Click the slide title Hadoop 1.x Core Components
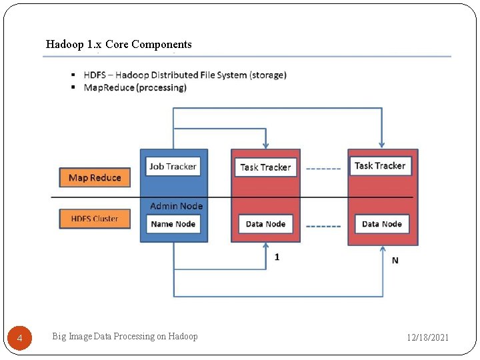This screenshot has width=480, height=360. point(119,45)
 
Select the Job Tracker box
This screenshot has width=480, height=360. point(173,167)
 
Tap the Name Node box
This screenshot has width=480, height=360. point(173,224)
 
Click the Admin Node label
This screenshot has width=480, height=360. point(176,206)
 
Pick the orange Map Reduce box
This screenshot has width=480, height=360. point(95,178)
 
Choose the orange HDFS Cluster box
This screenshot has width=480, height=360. point(95,219)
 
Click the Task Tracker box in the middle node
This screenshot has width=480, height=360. point(265,167)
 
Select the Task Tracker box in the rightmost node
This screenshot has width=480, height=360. point(380,166)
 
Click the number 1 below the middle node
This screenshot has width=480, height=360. point(277,257)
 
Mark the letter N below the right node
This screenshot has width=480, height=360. point(395,261)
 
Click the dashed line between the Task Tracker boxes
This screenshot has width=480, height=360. point(323,169)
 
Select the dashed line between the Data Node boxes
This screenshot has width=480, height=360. point(323,226)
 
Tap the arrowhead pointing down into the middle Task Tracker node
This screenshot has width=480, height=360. point(266,144)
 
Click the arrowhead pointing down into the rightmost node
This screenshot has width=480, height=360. point(382,143)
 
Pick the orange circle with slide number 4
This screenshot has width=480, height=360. point(19,339)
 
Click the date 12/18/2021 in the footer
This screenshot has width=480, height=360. point(428,338)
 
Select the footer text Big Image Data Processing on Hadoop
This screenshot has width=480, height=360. point(125,337)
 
